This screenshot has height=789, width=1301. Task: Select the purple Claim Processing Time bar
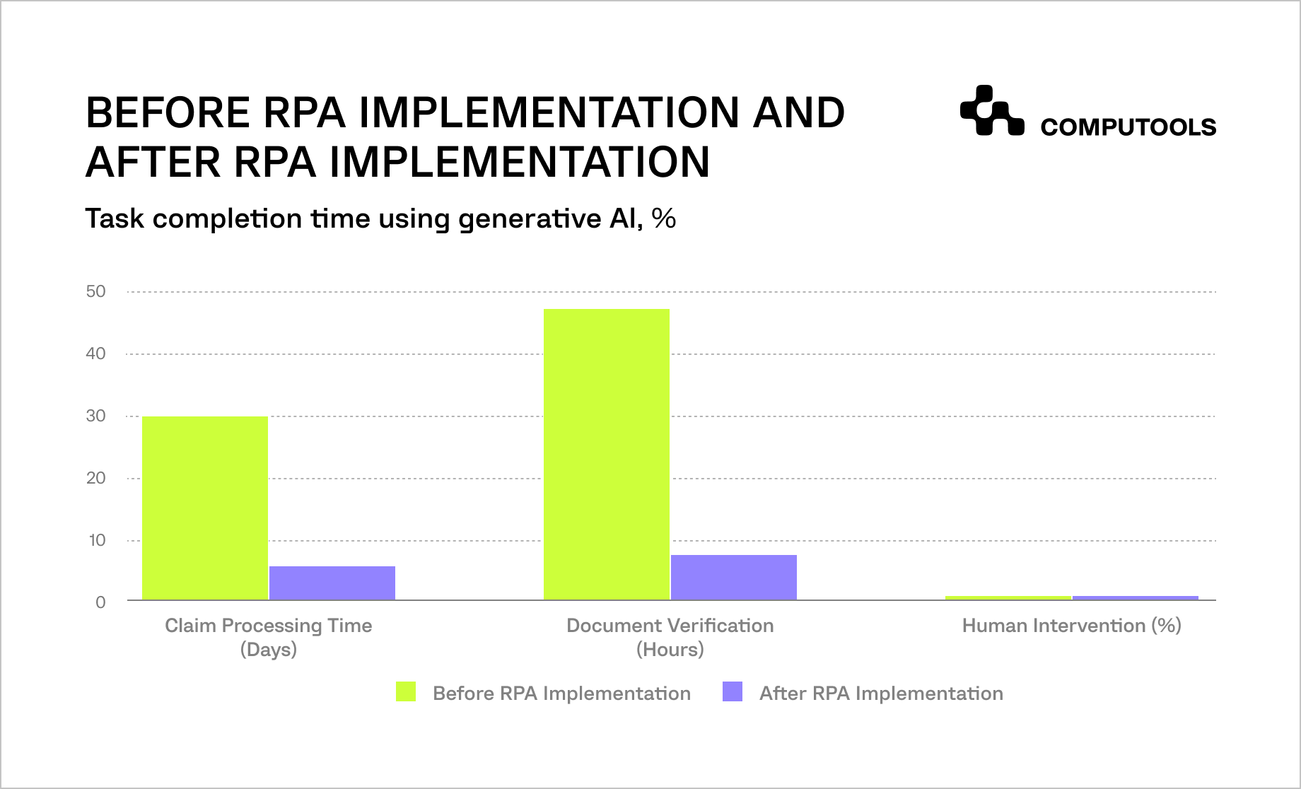click(332, 583)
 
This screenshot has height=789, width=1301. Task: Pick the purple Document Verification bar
click(734, 577)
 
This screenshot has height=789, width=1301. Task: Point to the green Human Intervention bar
click(1008, 597)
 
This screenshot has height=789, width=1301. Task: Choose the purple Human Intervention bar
click(1136, 597)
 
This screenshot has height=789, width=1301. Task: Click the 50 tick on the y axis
click(95, 291)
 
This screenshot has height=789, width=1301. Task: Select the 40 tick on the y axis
click(95, 353)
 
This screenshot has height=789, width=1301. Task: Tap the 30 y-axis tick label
click(95, 416)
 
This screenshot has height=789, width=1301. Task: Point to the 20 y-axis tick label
click(95, 478)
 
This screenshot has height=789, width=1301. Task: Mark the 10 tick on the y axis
click(97, 540)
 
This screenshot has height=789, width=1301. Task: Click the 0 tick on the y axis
click(100, 602)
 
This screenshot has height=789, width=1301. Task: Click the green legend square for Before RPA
click(406, 691)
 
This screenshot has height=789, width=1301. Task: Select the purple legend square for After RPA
click(733, 691)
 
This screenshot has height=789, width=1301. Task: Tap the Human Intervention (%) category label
click(1071, 626)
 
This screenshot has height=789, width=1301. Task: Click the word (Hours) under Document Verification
click(670, 650)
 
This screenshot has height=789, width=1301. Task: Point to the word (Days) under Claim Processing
click(268, 650)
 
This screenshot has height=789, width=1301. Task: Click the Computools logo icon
click(991, 111)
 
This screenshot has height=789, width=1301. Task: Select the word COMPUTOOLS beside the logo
click(1128, 127)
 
